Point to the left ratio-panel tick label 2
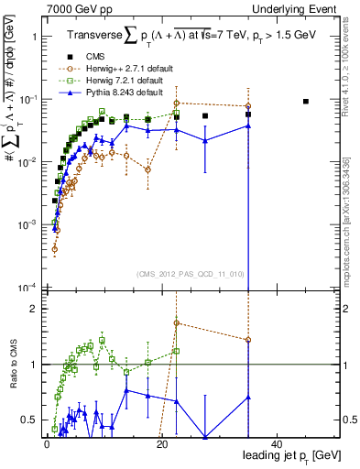click(x=33, y=309)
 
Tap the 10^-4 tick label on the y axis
click(x=27, y=287)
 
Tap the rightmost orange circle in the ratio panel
click(x=248, y=340)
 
